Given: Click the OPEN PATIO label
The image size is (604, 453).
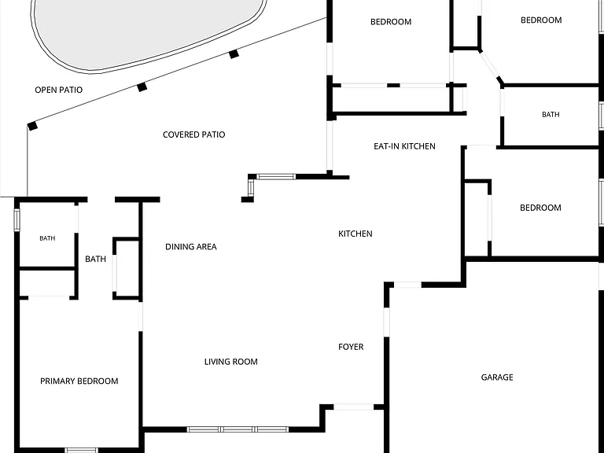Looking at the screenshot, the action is (58, 90).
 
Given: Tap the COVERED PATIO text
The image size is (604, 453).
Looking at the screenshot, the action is (193, 134).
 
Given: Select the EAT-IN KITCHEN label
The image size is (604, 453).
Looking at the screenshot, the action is (404, 146).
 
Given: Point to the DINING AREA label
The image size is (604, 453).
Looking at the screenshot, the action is (190, 246).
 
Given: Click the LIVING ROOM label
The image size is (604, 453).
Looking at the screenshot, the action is (230, 362).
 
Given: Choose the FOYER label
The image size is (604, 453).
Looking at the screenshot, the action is (351, 347).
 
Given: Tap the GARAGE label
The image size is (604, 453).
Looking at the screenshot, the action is (497, 377).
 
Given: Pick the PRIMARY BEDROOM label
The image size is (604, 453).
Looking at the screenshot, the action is (79, 381).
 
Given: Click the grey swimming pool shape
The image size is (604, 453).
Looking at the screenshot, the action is (149, 31).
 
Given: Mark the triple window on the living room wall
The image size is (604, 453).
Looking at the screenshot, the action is (238, 429).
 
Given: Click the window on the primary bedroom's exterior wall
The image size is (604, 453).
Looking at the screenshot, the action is (81, 451).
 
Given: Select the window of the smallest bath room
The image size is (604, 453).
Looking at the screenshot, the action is (17, 220).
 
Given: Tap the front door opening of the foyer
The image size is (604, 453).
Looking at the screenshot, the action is (354, 407).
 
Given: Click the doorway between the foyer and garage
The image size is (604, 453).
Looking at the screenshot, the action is (386, 322).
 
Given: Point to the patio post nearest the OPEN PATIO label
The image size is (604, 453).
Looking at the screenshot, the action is (32, 126).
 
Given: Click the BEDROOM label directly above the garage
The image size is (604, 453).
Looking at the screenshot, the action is (540, 208).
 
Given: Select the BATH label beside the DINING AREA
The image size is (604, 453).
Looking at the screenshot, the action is (95, 259).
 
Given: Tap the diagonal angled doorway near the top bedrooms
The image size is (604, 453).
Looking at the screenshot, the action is (490, 65).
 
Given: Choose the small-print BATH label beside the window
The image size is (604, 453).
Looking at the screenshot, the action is (47, 238).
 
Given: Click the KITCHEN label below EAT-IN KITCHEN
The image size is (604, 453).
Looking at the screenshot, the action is (355, 234).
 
